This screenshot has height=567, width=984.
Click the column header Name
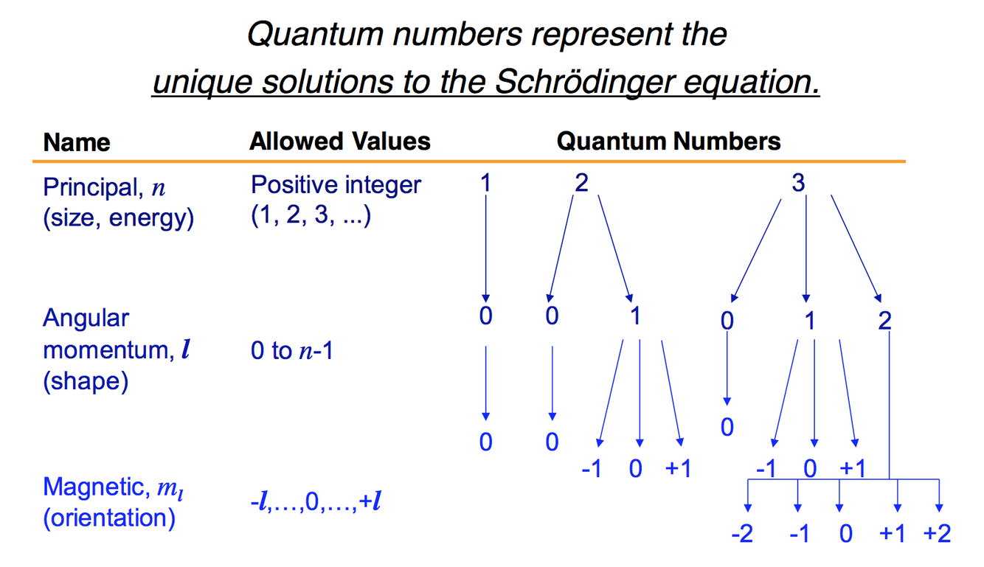tap(77, 142)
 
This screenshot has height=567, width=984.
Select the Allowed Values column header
tap(339, 141)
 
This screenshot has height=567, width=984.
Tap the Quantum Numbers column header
tap(668, 141)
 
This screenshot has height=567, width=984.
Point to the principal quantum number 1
tap(485, 183)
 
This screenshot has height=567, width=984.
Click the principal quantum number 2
tap(581, 183)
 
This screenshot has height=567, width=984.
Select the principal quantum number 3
tap(798, 183)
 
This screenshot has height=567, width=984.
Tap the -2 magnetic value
tap(742, 534)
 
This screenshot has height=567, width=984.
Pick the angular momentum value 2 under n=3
tap(885, 321)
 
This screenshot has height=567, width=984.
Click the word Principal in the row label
tap(89, 187)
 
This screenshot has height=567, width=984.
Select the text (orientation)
tap(109, 518)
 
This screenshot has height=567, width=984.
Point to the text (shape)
tap(86, 382)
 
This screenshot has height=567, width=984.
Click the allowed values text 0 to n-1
tap(291, 351)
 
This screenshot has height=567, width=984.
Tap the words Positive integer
tap(336, 185)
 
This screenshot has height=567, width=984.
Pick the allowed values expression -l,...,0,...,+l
tap(316, 504)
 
